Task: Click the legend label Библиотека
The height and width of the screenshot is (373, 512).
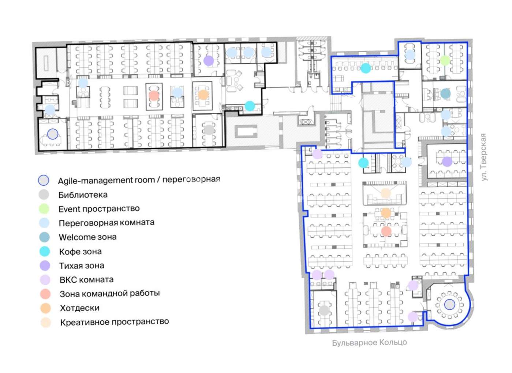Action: pyautogui.click(x=83, y=195)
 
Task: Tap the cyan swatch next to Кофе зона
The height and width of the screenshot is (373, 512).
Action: pyautogui.click(x=45, y=251)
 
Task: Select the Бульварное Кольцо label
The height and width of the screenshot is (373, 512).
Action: pyautogui.click(x=369, y=343)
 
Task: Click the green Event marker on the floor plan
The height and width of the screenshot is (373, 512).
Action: pyautogui.click(x=445, y=60)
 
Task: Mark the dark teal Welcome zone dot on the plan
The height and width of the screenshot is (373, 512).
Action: pyautogui.click(x=445, y=93)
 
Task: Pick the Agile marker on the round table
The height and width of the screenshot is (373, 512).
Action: pyautogui.click(x=449, y=305)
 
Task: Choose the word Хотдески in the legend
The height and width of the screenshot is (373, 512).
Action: pyautogui.click(x=79, y=308)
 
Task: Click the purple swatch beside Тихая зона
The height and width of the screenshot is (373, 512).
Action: pyautogui.click(x=45, y=265)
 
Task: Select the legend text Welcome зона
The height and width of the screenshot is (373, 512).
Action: pyautogui.click(x=88, y=237)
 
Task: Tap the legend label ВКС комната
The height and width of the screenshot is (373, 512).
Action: pyautogui.click(x=87, y=280)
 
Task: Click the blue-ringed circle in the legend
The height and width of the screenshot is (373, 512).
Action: pyautogui.click(x=44, y=180)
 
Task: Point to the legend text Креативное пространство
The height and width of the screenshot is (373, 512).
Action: pyautogui.click(x=115, y=322)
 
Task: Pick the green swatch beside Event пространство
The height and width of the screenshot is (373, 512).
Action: pyautogui.click(x=44, y=209)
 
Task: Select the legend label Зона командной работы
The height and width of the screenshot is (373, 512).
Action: pyautogui.click(x=110, y=294)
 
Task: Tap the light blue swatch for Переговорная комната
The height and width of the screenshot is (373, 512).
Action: pyautogui.click(x=44, y=223)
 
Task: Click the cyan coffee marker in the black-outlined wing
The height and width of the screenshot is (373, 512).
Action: pyautogui.click(x=250, y=106)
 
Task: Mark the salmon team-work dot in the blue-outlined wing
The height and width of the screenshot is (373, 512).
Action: pyautogui.click(x=386, y=231)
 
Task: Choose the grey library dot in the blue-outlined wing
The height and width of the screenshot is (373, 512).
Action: pyautogui.click(x=324, y=310)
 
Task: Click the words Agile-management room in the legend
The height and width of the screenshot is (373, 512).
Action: pyautogui.click(x=106, y=180)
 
